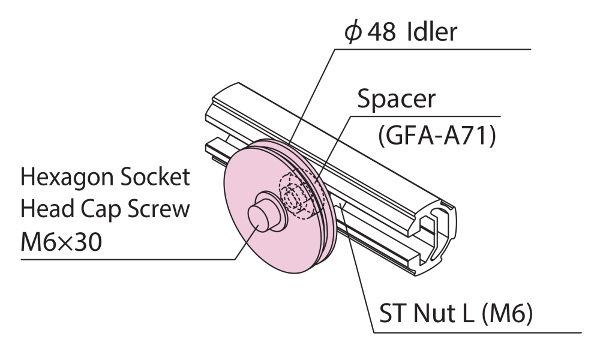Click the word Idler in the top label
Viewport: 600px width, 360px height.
pyautogui.click(x=432, y=31)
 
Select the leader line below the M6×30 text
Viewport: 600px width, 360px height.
pyautogui.click(x=120, y=259)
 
